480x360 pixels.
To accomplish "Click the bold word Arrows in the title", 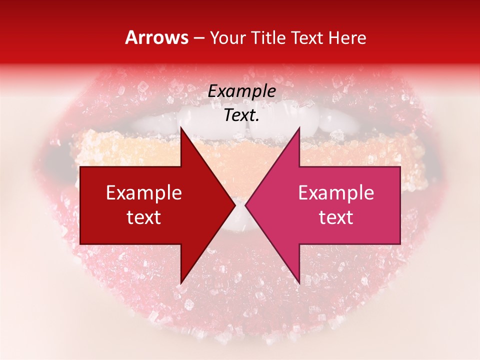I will (x=157, y=37).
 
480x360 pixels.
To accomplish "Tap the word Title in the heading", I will (x=268, y=37).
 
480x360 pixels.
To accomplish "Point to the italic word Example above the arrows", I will (x=241, y=91).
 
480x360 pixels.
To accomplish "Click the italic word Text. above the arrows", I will (x=241, y=115).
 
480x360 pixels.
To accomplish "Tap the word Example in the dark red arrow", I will (x=144, y=193).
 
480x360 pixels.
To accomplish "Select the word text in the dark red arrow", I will (x=144, y=217).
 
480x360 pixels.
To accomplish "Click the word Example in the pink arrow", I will (x=336, y=193).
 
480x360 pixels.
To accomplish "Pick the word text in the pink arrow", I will (x=336, y=217).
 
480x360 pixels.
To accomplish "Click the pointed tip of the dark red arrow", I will (x=234, y=205).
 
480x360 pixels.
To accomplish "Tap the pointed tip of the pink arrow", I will (x=246, y=205).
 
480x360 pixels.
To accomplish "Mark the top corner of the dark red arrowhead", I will (x=181, y=128).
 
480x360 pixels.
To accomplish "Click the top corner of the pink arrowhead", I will (x=299, y=128).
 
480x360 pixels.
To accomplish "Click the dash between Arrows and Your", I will (x=198, y=38).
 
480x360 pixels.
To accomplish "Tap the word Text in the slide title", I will (x=306, y=37).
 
